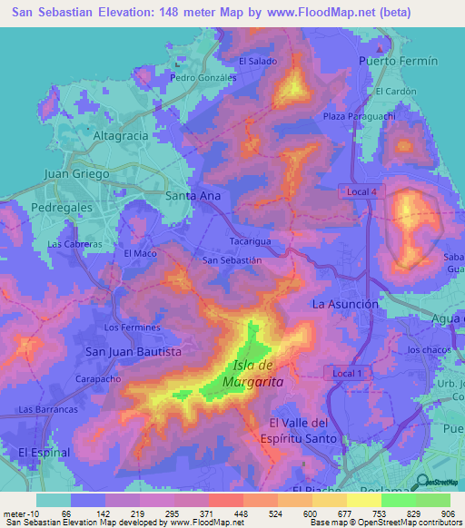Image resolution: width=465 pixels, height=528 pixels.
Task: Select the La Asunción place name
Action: pos(344,304)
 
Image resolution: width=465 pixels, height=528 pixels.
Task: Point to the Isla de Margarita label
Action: pos(259,374)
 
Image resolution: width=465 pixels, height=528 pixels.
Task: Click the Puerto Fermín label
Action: pos(398,61)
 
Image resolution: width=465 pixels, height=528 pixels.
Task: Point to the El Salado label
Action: pos(257,61)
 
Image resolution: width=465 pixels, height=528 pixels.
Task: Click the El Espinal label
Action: pos(43,451)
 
